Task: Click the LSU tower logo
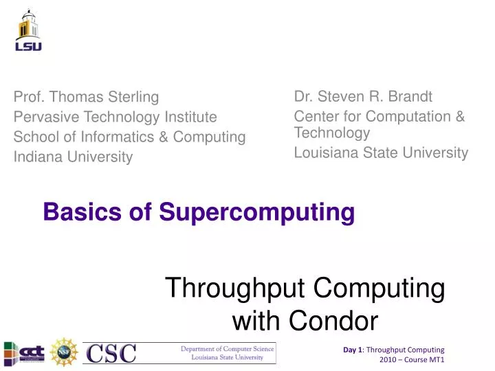point(28,31)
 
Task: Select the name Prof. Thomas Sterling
point(86,96)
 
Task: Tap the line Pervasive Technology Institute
point(115,117)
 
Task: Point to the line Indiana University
point(73,157)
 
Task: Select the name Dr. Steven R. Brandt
point(363,96)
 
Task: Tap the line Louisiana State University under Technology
point(381,153)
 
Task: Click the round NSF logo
point(65,352)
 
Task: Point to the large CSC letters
point(111,353)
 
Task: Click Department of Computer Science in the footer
point(227,349)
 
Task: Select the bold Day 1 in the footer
point(353,350)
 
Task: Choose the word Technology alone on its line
point(332,132)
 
